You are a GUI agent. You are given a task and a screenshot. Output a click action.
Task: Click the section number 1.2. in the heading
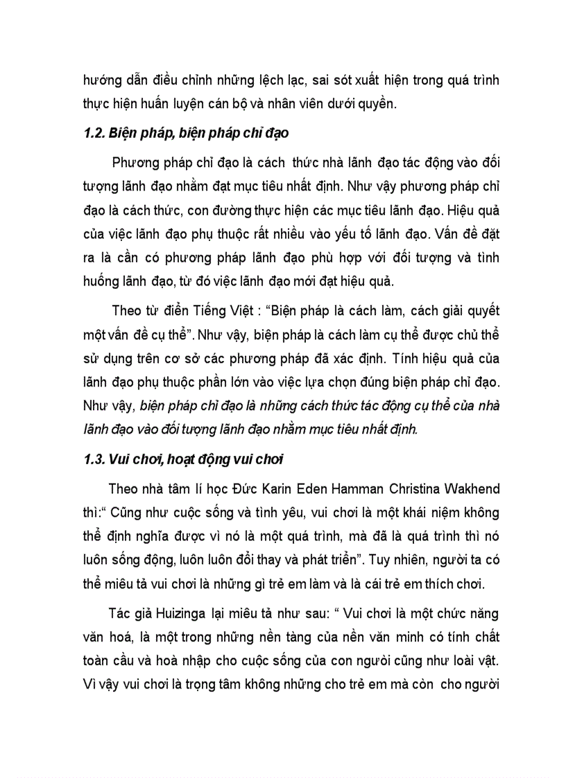point(94,134)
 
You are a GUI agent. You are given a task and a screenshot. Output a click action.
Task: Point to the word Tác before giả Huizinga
point(119,615)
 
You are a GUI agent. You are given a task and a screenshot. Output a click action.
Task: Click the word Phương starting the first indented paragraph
point(135,163)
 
